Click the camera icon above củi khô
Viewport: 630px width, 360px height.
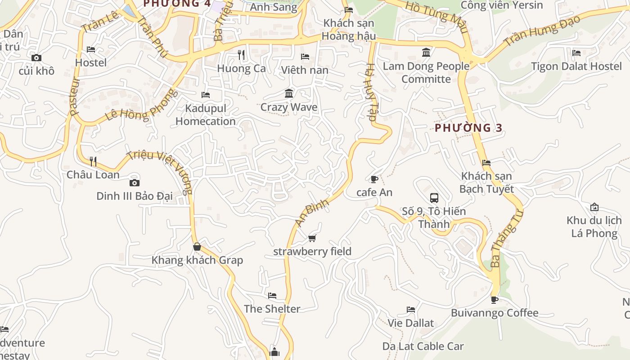pyautogui.click(x=36, y=58)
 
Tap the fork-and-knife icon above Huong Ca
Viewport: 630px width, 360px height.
pyautogui.click(x=241, y=55)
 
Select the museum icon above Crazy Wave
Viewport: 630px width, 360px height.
pyautogui.click(x=289, y=94)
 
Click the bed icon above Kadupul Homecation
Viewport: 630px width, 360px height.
pyautogui.click(x=206, y=95)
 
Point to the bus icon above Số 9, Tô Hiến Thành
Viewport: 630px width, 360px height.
pyautogui.click(x=434, y=198)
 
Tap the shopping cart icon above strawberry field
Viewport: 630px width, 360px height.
pyautogui.click(x=312, y=238)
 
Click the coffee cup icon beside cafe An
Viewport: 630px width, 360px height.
pyautogui.click(x=374, y=180)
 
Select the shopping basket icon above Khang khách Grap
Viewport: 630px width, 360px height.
pyautogui.click(x=197, y=247)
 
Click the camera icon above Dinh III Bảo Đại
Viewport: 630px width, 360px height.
pyautogui.click(x=134, y=183)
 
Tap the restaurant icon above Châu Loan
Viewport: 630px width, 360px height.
pyautogui.click(x=93, y=161)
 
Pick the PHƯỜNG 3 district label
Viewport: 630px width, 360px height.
pyautogui.click(x=468, y=128)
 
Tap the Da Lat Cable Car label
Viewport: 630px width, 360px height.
pyautogui.click(x=423, y=346)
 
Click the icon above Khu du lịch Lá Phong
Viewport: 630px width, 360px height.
pyautogui.click(x=594, y=207)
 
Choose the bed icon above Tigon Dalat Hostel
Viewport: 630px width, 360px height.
pyautogui.click(x=576, y=53)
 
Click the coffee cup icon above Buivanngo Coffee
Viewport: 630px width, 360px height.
pyautogui.click(x=495, y=299)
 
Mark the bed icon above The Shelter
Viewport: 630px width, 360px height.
pyautogui.click(x=272, y=296)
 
